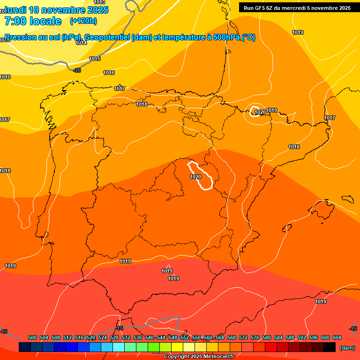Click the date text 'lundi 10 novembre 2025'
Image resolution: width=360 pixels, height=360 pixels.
click(57, 10)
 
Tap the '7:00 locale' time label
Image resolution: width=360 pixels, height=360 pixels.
click(33, 21)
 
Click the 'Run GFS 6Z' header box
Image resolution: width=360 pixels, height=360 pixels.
click(297, 7)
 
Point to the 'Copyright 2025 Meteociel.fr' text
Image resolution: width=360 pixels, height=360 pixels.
click(202, 357)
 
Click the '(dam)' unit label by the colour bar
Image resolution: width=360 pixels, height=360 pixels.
click(347, 348)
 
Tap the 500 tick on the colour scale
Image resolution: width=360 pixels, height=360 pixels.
click(32, 337)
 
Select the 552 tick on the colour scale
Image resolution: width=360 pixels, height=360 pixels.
click(185, 337)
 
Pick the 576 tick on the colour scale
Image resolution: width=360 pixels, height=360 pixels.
click(255, 337)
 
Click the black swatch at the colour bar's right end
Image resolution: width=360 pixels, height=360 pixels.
click(330, 347)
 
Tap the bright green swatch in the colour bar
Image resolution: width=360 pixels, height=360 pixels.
click(154, 347)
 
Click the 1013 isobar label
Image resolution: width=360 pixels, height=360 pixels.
click(99, 2)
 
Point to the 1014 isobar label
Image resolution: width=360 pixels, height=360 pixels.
click(81, 43)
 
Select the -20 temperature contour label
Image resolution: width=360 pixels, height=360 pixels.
click(77, 70)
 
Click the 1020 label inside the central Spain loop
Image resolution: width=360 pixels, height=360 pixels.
click(195, 177)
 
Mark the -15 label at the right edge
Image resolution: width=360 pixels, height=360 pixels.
click(353, 329)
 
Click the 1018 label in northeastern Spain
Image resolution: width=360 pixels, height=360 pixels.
click(294, 147)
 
